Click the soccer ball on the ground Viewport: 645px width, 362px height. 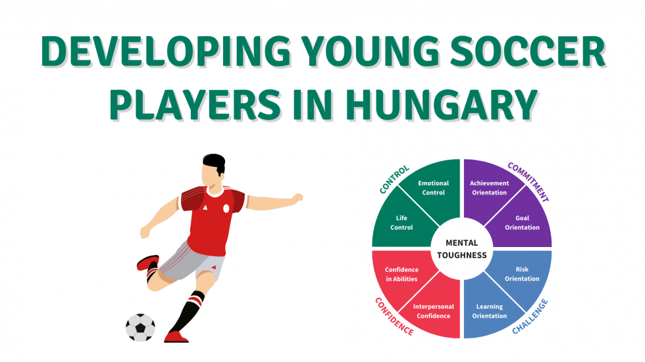click(140, 327)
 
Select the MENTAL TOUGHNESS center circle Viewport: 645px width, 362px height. click(461, 249)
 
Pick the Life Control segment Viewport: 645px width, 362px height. click(401, 222)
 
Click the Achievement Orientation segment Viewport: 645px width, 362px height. click(489, 188)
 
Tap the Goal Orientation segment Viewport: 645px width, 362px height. click(522, 222)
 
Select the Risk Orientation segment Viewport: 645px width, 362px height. click(522, 274)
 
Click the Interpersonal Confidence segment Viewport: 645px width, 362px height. click(432, 311)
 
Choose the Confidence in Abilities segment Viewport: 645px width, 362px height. click(401, 274)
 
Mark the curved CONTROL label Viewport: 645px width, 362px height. click(394, 179)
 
